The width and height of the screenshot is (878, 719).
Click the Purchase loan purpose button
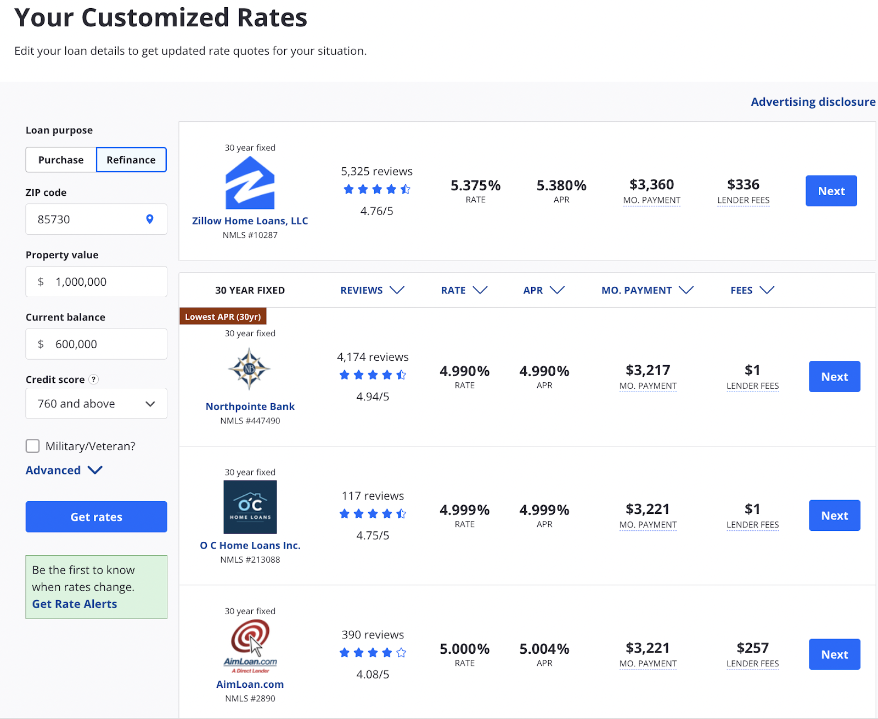(61, 160)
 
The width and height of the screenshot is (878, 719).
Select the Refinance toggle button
(131, 160)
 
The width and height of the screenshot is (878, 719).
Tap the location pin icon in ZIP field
(149, 219)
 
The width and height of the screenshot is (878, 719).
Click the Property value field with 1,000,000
(96, 282)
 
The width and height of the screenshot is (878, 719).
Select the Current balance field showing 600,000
(96, 344)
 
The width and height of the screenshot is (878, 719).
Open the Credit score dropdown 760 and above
(96, 404)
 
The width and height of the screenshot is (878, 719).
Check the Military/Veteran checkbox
(33, 446)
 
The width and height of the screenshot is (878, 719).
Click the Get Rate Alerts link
(75, 604)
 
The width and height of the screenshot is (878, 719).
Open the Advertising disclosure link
(813, 102)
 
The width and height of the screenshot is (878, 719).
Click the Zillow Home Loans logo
(250, 183)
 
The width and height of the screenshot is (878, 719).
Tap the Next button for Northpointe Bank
(834, 377)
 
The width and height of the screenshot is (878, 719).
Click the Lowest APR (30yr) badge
(223, 316)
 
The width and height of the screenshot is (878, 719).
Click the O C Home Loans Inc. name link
(250, 545)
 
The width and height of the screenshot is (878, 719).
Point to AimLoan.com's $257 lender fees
(752, 648)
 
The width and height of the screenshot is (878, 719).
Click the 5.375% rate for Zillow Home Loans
(475, 185)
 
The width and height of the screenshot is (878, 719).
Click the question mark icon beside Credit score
(94, 379)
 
